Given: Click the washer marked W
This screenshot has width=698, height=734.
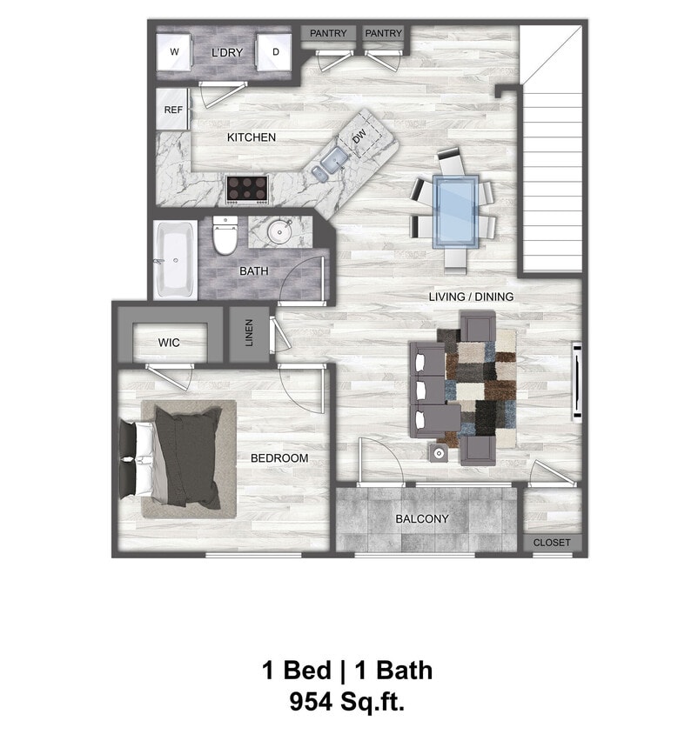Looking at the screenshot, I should pyautogui.click(x=175, y=53).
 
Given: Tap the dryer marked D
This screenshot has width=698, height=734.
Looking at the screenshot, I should pyautogui.click(x=276, y=53).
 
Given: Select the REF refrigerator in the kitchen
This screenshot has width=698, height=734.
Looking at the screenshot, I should pyautogui.click(x=173, y=110).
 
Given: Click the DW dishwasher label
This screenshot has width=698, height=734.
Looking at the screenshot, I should pyautogui.click(x=359, y=137).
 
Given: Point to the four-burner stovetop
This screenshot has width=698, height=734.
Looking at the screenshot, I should pyautogui.click(x=247, y=187).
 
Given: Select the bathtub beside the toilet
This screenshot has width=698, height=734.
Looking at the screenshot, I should pyautogui.click(x=175, y=259).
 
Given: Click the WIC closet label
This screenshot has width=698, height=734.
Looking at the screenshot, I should pyautogui.click(x=169, y=343).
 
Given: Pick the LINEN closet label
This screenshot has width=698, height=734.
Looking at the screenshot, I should pyautogui.click(x=249, y=332).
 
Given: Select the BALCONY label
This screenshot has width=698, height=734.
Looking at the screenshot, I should pyautogui.click(x=421, y=519).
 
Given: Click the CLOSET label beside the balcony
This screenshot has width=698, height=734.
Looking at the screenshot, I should pyautogui.click(x=552, y=543).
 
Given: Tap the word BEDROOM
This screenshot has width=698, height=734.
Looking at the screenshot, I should pyautogui.click(x=279, y=458).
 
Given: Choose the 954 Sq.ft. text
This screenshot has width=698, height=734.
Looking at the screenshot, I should pyautogui.click(x=347, y=700).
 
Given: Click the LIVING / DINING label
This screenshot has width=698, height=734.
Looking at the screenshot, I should pyautogui.click(x=471, y=297).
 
